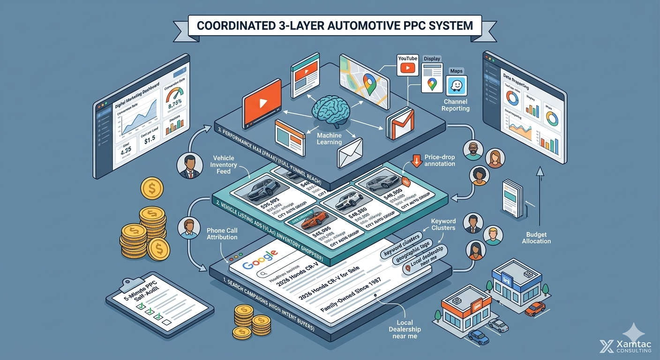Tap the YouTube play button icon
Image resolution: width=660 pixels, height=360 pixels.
[x=407, y=68]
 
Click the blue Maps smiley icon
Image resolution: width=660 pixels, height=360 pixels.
[x=457, y=86]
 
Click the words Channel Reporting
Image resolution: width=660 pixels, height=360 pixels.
[x=456, y=105]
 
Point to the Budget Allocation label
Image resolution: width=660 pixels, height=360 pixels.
[x=537, y=237]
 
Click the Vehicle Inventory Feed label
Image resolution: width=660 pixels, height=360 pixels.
[x=223, y=165]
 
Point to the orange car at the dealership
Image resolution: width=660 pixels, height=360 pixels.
[x=535, y=308]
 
